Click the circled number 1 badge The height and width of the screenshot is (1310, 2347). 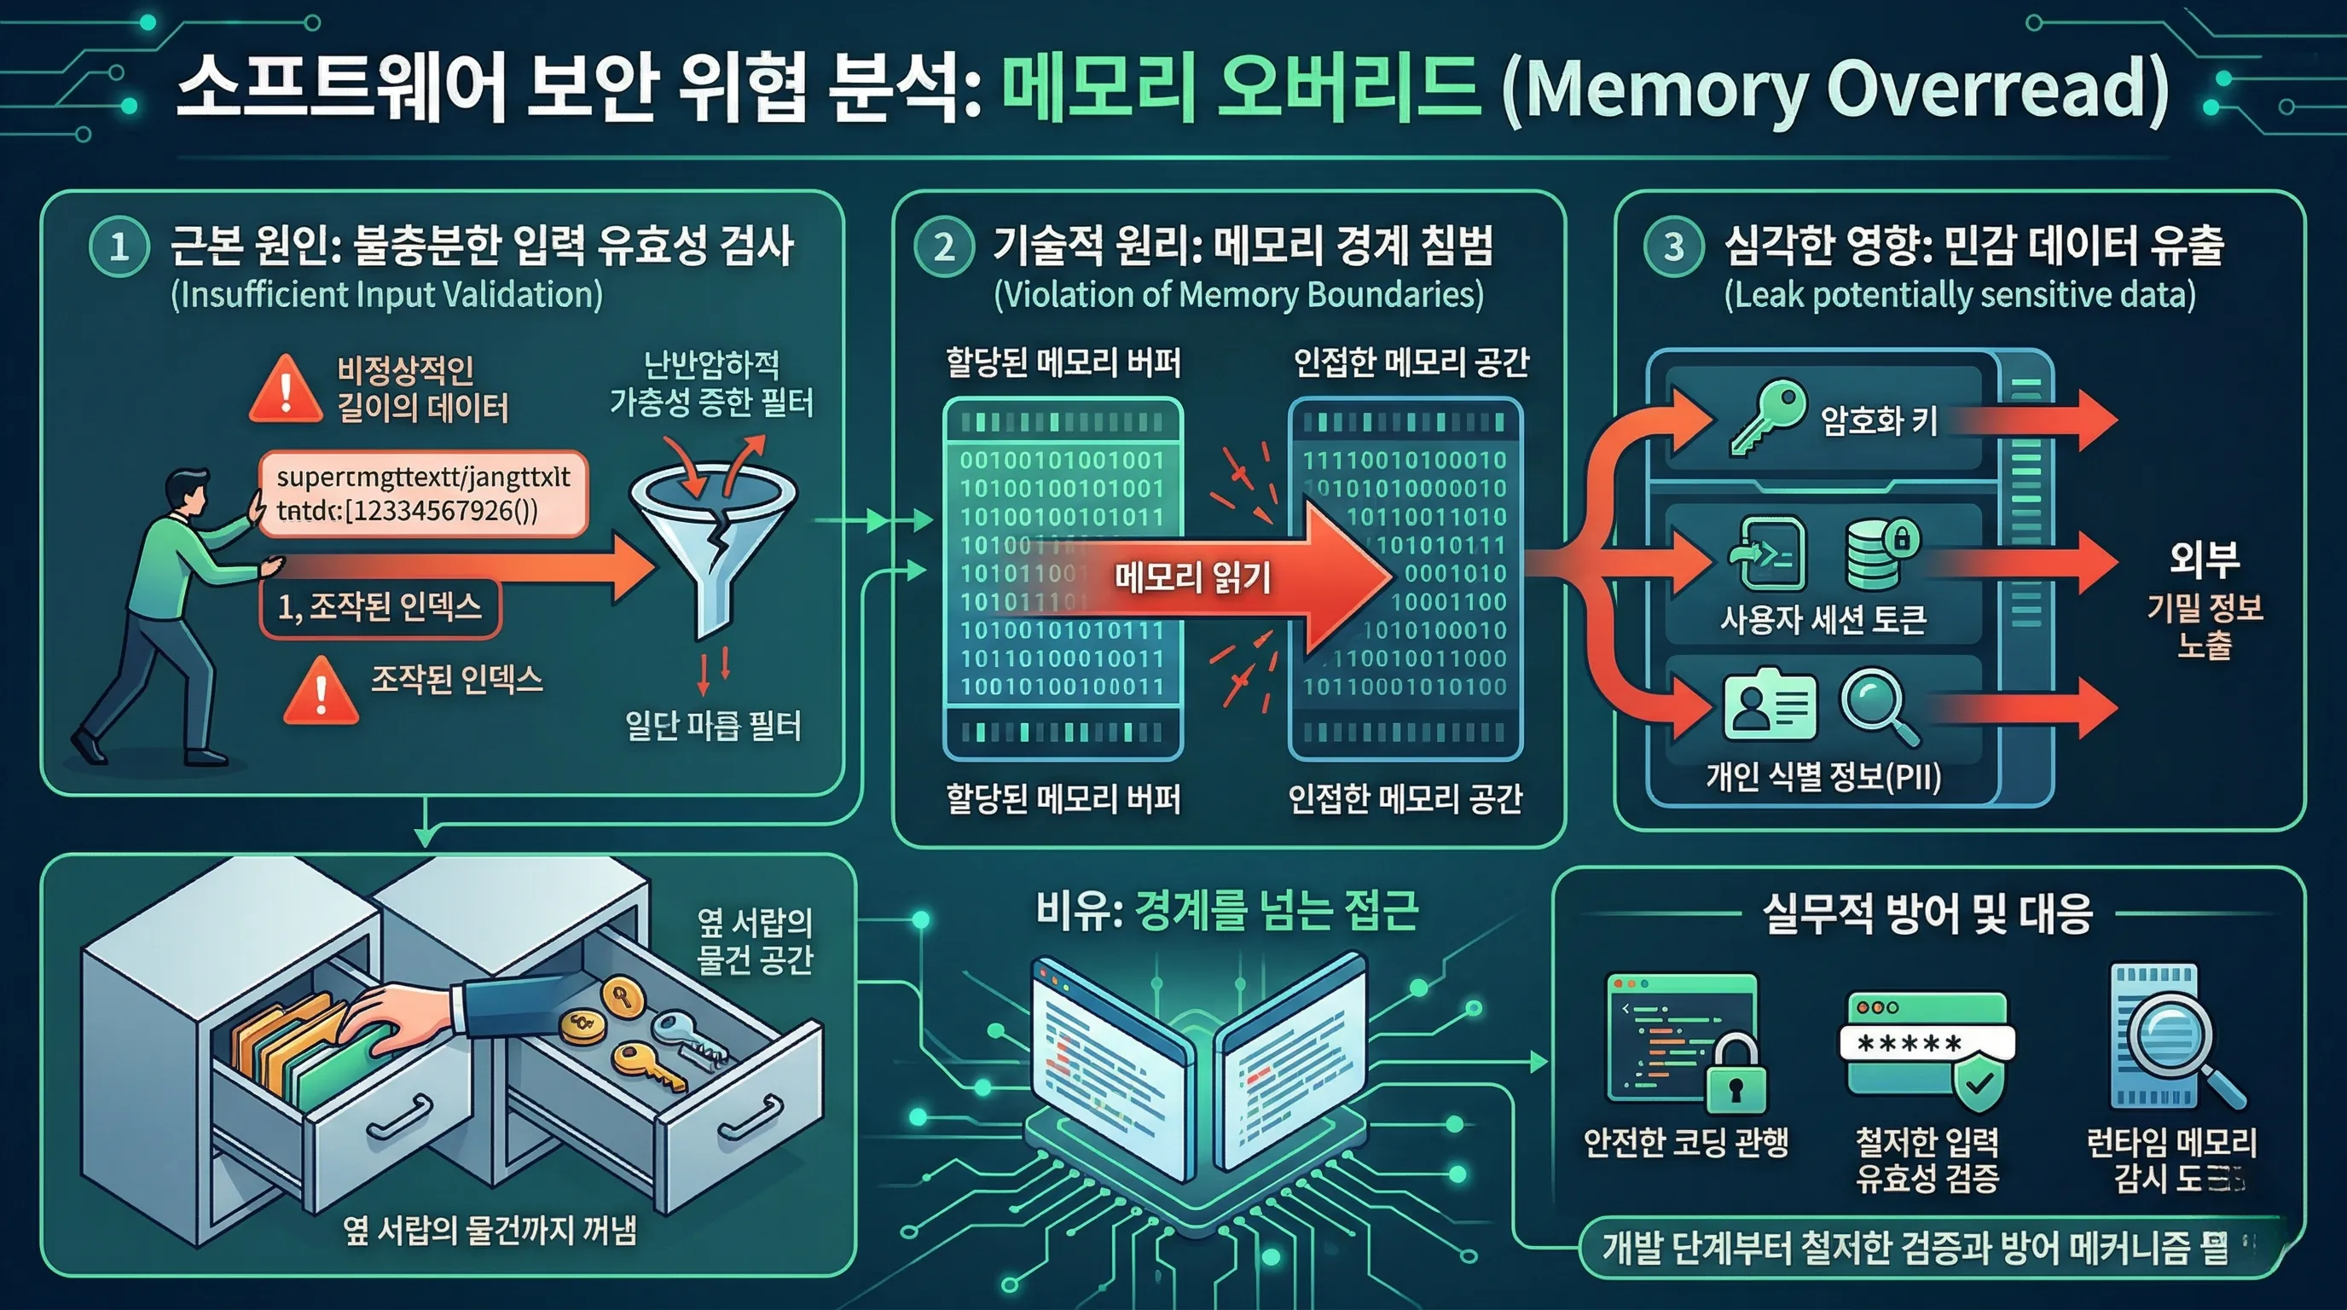point(119,246)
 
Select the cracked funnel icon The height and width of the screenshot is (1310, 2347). point(712,537)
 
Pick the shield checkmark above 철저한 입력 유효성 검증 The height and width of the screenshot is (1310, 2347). point(1979,1084)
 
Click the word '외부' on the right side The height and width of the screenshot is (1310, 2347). point(2204,559)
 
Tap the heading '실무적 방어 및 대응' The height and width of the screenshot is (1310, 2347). point(1927,913)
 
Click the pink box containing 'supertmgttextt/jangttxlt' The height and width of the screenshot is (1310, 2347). point(423,493)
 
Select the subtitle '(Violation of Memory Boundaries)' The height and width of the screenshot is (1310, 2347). point(1238,295)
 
